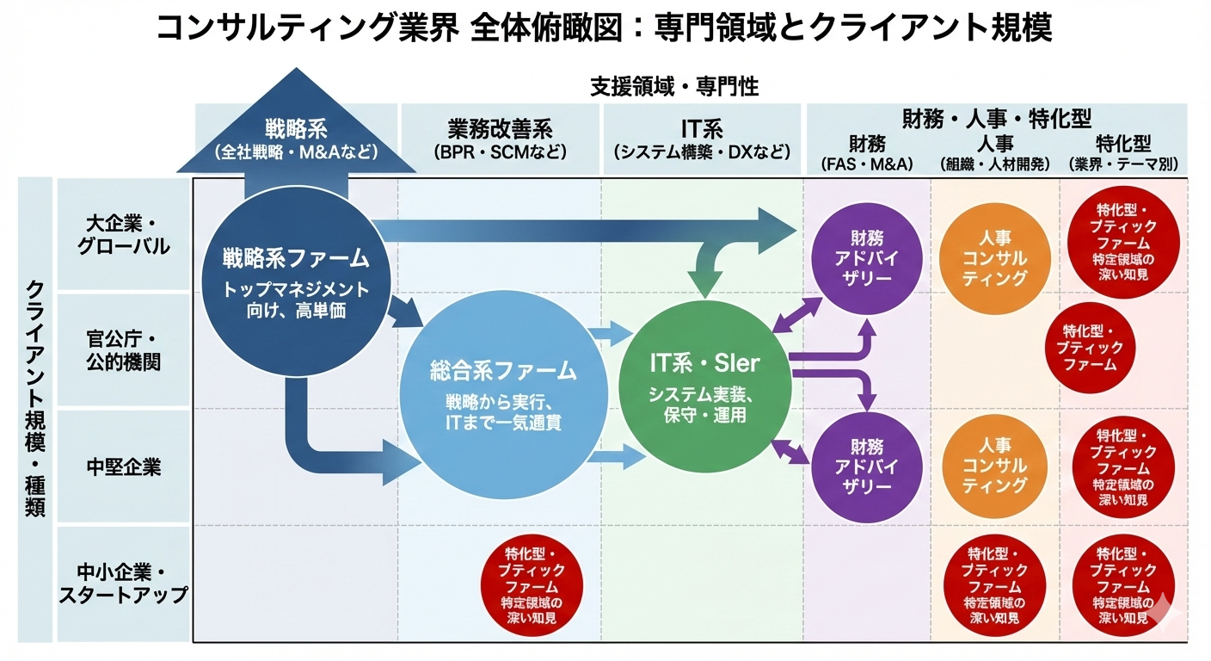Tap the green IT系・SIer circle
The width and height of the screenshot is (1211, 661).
coord(704,388)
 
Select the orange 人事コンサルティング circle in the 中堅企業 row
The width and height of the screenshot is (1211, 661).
coord(995,466)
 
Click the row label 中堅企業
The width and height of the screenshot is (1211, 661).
coord(124,467)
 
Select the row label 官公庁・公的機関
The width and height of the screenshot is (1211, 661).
coord(124,349)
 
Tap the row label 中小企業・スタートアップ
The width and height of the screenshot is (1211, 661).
coord(124,584)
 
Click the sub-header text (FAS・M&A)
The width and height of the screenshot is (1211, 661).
coord(867,164)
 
